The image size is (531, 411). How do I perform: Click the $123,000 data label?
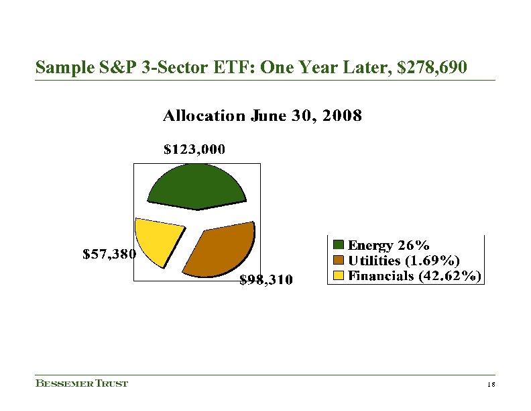[x=194, y=150]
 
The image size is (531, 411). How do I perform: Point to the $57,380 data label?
[x=109, y=254]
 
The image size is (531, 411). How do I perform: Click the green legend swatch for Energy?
[x=339, y=244]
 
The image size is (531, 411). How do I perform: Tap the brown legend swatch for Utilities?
[x=339, y=260]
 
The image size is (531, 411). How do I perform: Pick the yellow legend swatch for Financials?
[x=339, y=275]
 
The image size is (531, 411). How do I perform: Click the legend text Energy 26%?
[x=389, y=244]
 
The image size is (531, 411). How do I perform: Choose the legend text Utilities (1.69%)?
[x=404, y=260]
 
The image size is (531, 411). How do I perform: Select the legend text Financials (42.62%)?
[x=414, y=275]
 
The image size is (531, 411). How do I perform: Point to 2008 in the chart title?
[x=343, y=116]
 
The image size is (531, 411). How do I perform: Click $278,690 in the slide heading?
[x=429, y=68]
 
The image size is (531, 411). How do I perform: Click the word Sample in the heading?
[x=60, y=68]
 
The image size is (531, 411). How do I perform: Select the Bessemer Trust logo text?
[x=81, y=383]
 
